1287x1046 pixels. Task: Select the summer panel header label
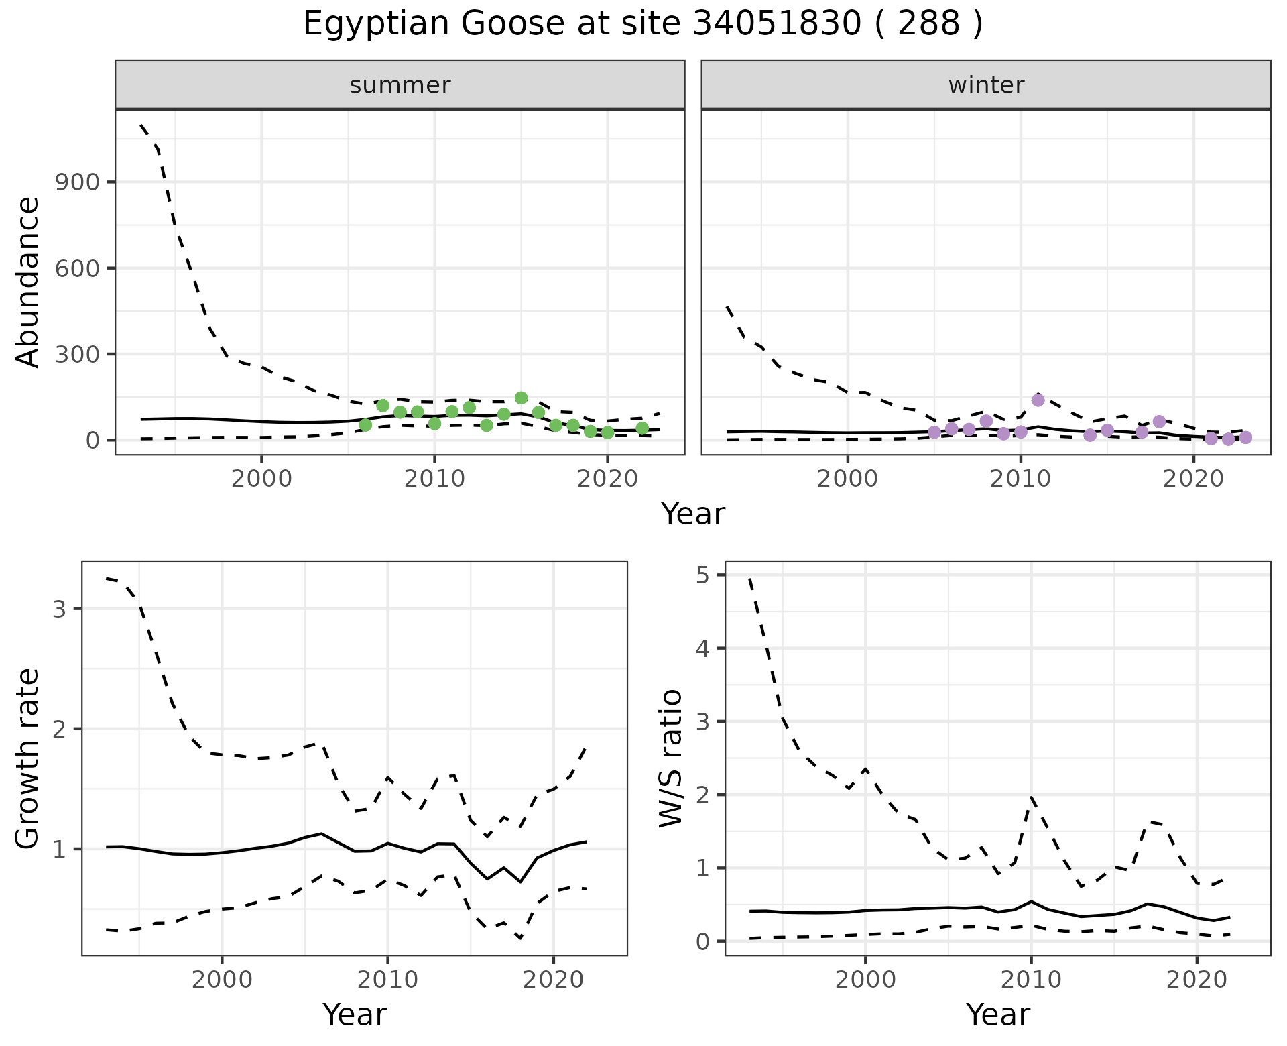tap(400, 85)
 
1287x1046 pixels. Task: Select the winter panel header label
tap(986, 85)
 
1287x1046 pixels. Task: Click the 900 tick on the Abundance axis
tap(76, 182)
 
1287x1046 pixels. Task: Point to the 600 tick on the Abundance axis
tap(76, 268)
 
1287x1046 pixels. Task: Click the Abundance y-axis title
tap(27, 282)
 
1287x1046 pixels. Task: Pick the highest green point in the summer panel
tap(522, 398)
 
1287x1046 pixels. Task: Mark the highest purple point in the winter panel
tap(1038, 400)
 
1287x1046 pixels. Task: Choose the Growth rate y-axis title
tap(27, 758)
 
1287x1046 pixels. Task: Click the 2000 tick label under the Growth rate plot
tap(223, 980)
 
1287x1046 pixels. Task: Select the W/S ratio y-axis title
tap(671, 758)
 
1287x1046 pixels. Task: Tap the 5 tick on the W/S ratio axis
tap(702, 575)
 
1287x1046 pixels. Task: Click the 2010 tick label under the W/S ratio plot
tap(1031, 980)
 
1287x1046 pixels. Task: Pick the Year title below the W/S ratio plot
tap(997, 1014)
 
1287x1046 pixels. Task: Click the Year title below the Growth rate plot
tap(355, 1014)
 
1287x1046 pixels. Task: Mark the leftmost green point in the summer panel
tap(365, 425)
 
